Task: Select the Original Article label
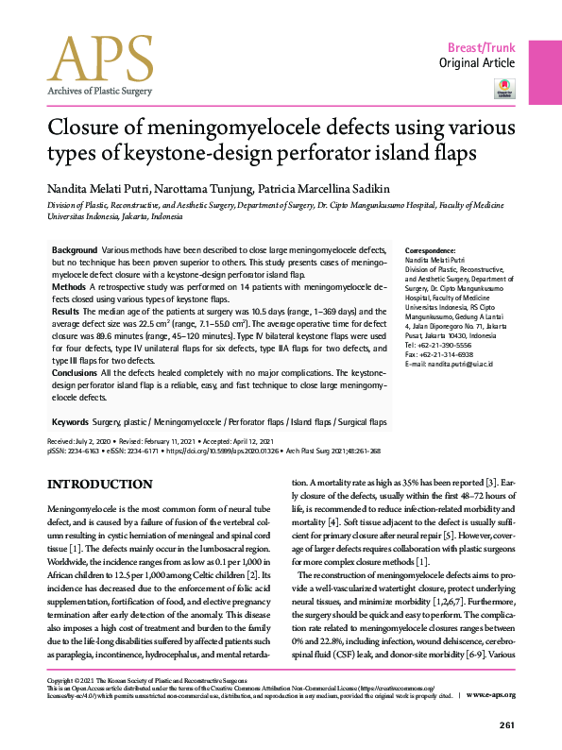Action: click(x=477, y=63)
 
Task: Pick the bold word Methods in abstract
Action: click(x=70, y=285)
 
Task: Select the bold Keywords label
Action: click(x=73, y=421)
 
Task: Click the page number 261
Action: click(x=505, y=724)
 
